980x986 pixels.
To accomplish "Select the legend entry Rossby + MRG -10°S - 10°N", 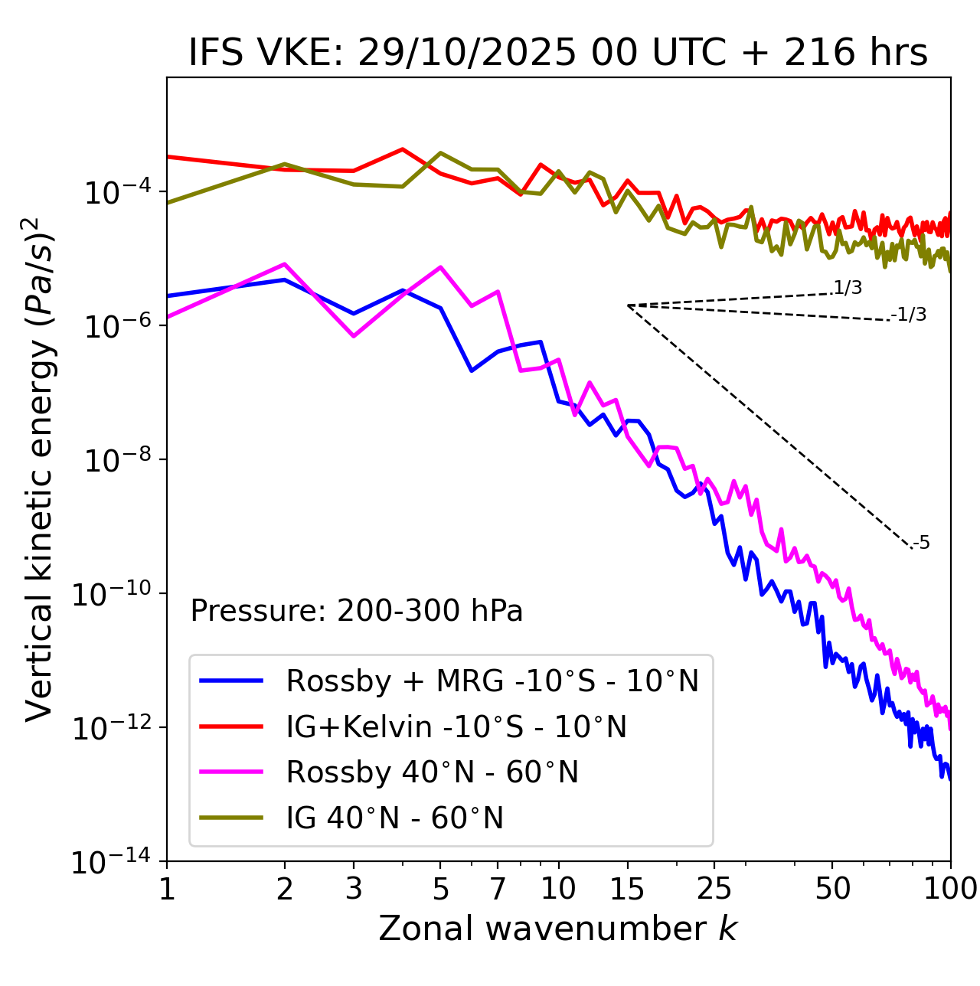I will click(x=492, y=681).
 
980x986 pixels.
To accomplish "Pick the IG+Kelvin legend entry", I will click(x=456, y=726).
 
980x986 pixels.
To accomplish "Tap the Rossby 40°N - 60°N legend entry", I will click(x=432, y=772).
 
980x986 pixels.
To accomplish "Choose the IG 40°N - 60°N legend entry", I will click(x=394, y=818).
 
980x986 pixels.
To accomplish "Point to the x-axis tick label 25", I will click(x=714, y=889).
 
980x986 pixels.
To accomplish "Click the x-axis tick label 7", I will click(x=498, y=889).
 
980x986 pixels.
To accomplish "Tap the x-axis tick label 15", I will click(x=627, y=889).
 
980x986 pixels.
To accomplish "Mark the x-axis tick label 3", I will click(x=354, y=889).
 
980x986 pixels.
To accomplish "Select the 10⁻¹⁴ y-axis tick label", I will click(x=111, y=862).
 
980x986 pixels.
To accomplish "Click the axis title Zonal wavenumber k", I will click(x=558, y=929).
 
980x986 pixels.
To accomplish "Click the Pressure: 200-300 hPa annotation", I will click(x=356, y=611).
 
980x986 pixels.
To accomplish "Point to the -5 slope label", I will click(x=922, y=544).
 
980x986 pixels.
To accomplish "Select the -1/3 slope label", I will click(x=910, y=315).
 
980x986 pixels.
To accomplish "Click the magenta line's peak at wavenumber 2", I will click(x=285, y=264).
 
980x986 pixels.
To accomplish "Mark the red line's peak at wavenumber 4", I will click(x=403, y=149).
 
